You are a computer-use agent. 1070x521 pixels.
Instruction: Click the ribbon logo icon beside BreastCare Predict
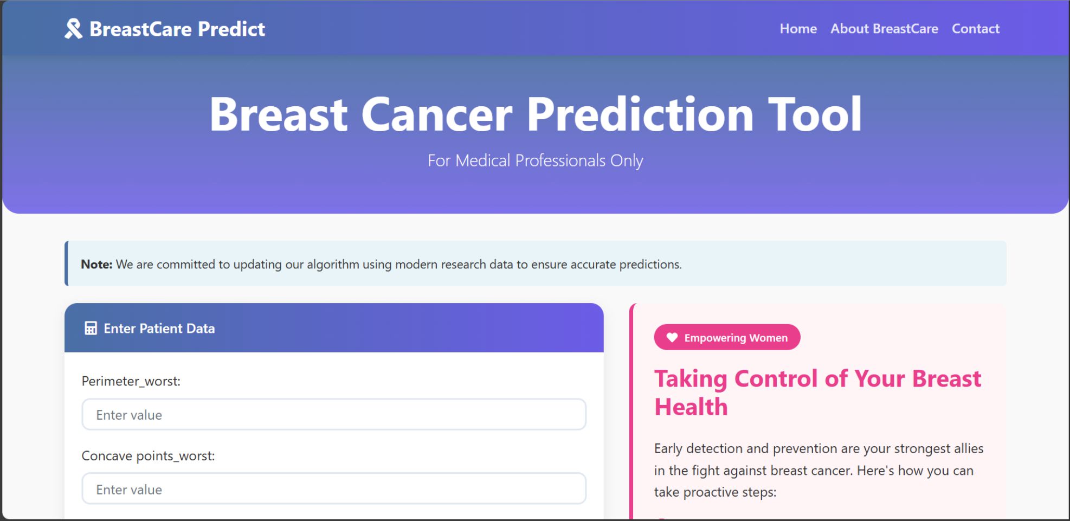click(73, 29)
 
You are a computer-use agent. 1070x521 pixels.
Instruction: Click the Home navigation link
click(798, 29)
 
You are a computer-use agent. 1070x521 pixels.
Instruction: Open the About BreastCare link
click(884, 29)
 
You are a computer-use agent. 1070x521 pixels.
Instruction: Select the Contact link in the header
click(975, 29)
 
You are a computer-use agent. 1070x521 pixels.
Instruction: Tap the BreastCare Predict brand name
click(177, 29)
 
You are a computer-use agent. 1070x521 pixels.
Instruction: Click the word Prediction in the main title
click(640, 114)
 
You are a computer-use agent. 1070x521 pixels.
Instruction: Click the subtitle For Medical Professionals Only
click(535, 160)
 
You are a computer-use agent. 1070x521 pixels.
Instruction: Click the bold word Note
click(96, 265)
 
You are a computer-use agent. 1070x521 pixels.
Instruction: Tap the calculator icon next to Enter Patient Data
click(91, 329)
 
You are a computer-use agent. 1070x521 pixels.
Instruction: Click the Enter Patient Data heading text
click(159, 329)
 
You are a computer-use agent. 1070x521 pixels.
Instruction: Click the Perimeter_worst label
click(131, 381)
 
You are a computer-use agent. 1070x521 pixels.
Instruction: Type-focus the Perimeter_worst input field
click(334, 415)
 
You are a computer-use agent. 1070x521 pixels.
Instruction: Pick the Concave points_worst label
click(148, 456)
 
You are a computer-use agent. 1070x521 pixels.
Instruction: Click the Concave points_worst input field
click(334, 489)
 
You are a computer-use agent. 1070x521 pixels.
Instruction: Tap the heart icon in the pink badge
click(672, 338)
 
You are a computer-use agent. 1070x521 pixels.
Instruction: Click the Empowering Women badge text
click(736, 338)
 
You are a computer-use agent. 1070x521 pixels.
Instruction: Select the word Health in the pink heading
click(691, 407)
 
